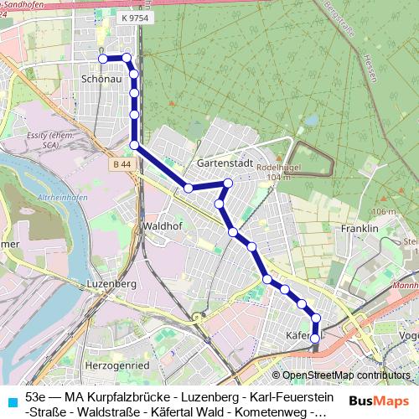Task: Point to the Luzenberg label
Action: click(x=111, y=284)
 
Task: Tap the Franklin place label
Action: click(x=360, y=228)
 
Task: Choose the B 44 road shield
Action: click(x=121, y=165)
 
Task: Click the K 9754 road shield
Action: click(x=135, y=18)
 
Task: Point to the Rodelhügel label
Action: click(x=284, y=168)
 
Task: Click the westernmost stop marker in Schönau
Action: click(x=102, y=59)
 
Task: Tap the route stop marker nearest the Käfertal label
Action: click(x=315, y=335)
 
